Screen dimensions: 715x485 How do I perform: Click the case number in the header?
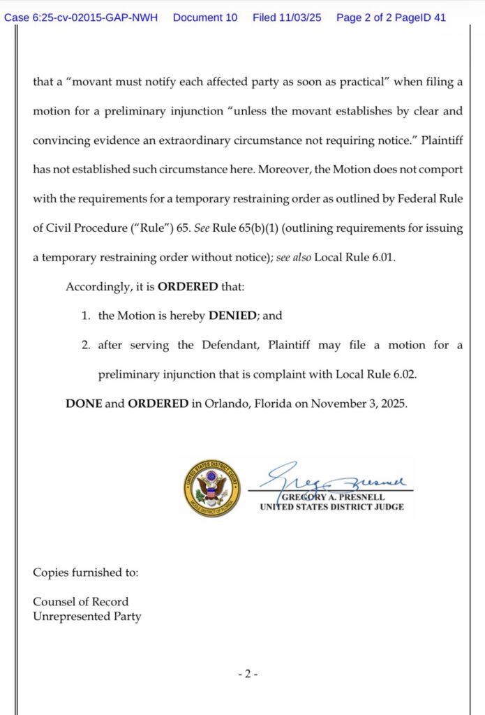point(84,17)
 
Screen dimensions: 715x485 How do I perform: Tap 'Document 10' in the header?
point(204,17)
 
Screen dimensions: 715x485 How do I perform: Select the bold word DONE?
point(84,404)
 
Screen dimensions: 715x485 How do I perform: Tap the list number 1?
point(85,316)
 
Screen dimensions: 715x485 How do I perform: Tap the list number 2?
point(85,345)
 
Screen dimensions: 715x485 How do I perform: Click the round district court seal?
point(211,488)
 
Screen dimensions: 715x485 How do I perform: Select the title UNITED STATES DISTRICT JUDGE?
point(331,507)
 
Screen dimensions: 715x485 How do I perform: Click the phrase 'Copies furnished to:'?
point(86,573)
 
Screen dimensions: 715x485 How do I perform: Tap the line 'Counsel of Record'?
point(81,602)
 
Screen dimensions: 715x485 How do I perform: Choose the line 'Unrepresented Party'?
point(87,617)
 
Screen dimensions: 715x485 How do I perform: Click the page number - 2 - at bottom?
point(248,675)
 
